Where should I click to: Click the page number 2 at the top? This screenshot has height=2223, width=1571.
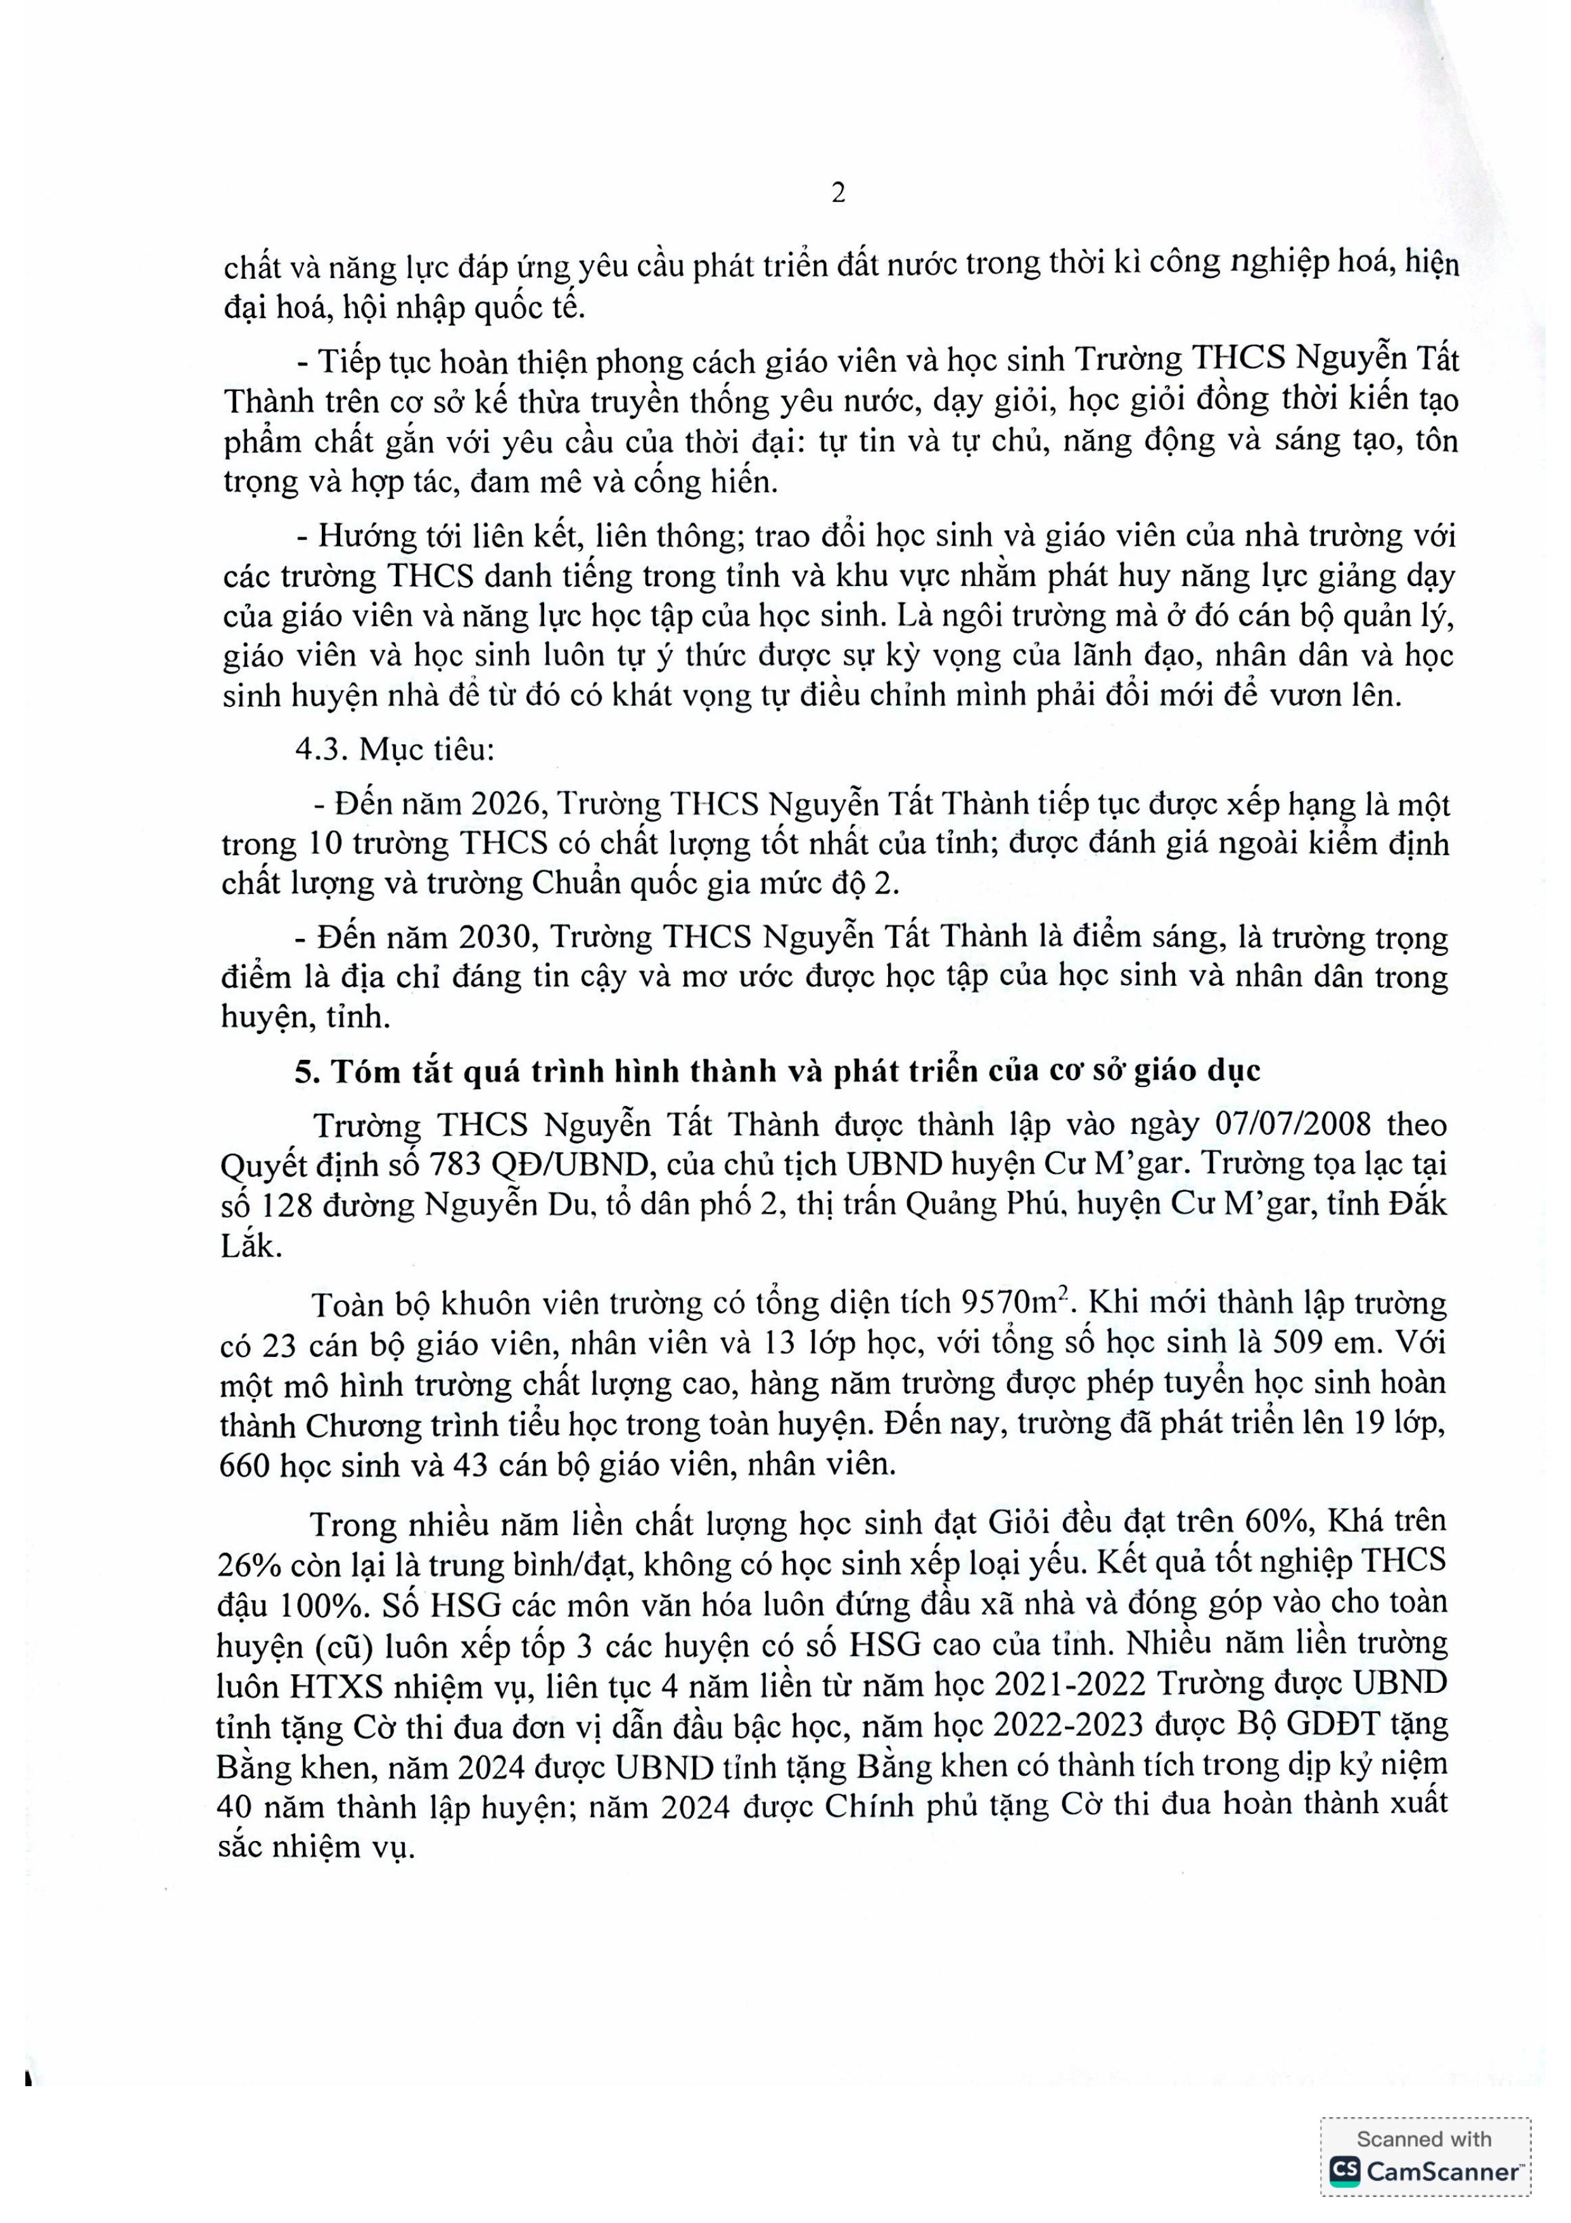tap(838, 194)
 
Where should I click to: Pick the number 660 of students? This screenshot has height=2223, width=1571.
tap(247, 1464)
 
